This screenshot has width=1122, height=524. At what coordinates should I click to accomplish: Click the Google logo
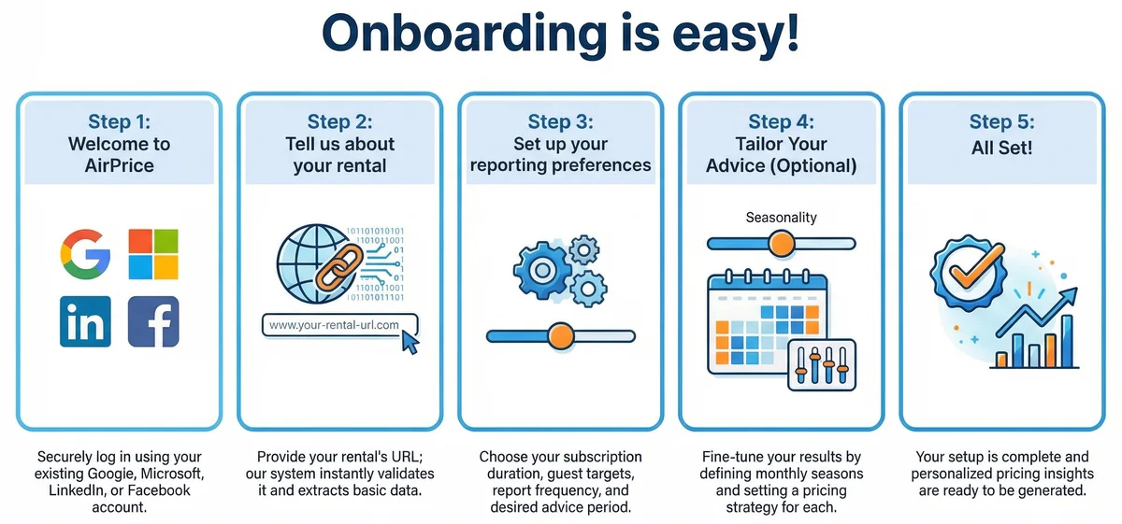point(85,254)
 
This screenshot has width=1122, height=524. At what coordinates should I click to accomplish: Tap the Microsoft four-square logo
point(153,254)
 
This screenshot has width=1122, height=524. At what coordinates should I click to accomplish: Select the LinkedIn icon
point(85,321)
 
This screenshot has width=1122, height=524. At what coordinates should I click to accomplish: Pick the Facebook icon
point(153,321)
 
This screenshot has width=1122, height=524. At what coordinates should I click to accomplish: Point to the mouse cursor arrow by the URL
point(410,343)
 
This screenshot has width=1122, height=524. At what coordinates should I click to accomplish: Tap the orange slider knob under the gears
point(560,335)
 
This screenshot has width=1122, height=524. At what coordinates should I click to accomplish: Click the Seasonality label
point(781,218)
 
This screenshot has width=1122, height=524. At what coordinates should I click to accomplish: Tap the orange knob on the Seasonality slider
point(781,244)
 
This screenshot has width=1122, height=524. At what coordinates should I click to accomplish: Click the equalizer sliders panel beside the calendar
point(822,363)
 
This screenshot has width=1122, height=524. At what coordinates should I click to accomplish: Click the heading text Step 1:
point(120,121)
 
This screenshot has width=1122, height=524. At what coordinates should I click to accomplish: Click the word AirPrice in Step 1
point(120,166)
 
